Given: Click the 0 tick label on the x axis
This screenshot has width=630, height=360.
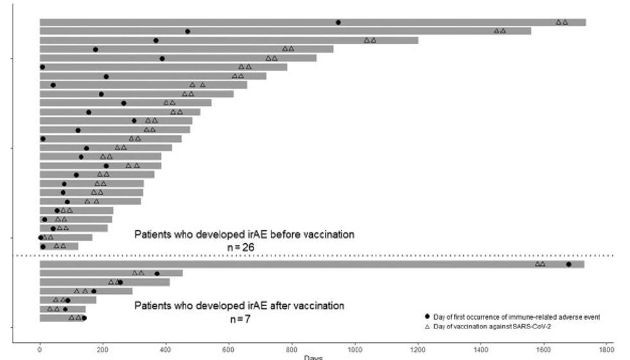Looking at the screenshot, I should tap(40, 350).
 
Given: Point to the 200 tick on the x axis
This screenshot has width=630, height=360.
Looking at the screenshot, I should tap(103, 350).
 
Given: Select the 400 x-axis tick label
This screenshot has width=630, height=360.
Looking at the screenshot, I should tap(166, 350).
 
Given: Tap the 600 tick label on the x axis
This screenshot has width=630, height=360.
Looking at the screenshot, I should tap(229, 350).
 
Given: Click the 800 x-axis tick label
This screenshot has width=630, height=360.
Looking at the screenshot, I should tap(292, 350).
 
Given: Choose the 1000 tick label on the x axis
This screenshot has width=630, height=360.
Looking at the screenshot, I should tap(355, 350).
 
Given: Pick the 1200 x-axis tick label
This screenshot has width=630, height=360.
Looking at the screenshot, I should tap(418, 350).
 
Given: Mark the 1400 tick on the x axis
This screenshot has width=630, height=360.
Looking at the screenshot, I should tap(481, 350).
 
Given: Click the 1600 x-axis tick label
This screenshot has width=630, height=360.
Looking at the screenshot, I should tap(544, 350).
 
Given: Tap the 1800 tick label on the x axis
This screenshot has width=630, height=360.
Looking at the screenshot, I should tap(607, 350).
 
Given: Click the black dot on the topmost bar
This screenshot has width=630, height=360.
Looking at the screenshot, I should tap(338, 22).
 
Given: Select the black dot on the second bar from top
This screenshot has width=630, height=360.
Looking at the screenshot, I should tap(188, 31).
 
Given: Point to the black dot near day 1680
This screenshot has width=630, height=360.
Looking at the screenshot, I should tap(568, 264).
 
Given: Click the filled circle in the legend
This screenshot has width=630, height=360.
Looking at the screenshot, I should tap(428, 318).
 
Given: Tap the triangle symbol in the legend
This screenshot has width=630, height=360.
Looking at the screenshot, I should tap(428, 327).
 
